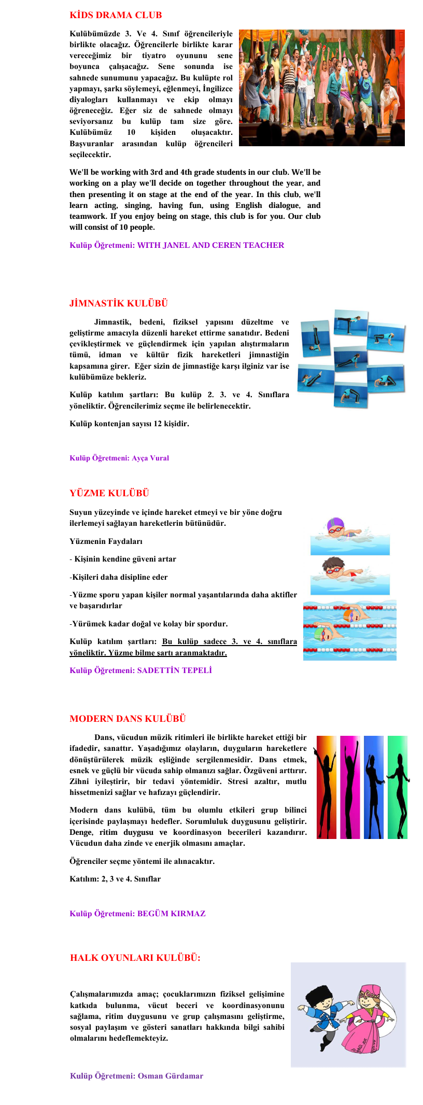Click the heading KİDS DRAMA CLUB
point(116,15)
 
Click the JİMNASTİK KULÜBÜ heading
point(119,303)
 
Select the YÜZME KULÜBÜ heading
point(109,493)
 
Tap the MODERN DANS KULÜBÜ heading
point(128,719)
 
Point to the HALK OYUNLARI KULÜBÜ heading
point(135,958)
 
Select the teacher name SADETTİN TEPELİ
point(174,670)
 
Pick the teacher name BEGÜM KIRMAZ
point(171,914)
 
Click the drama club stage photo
point(321,88)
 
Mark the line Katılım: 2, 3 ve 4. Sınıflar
point(115,879)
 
